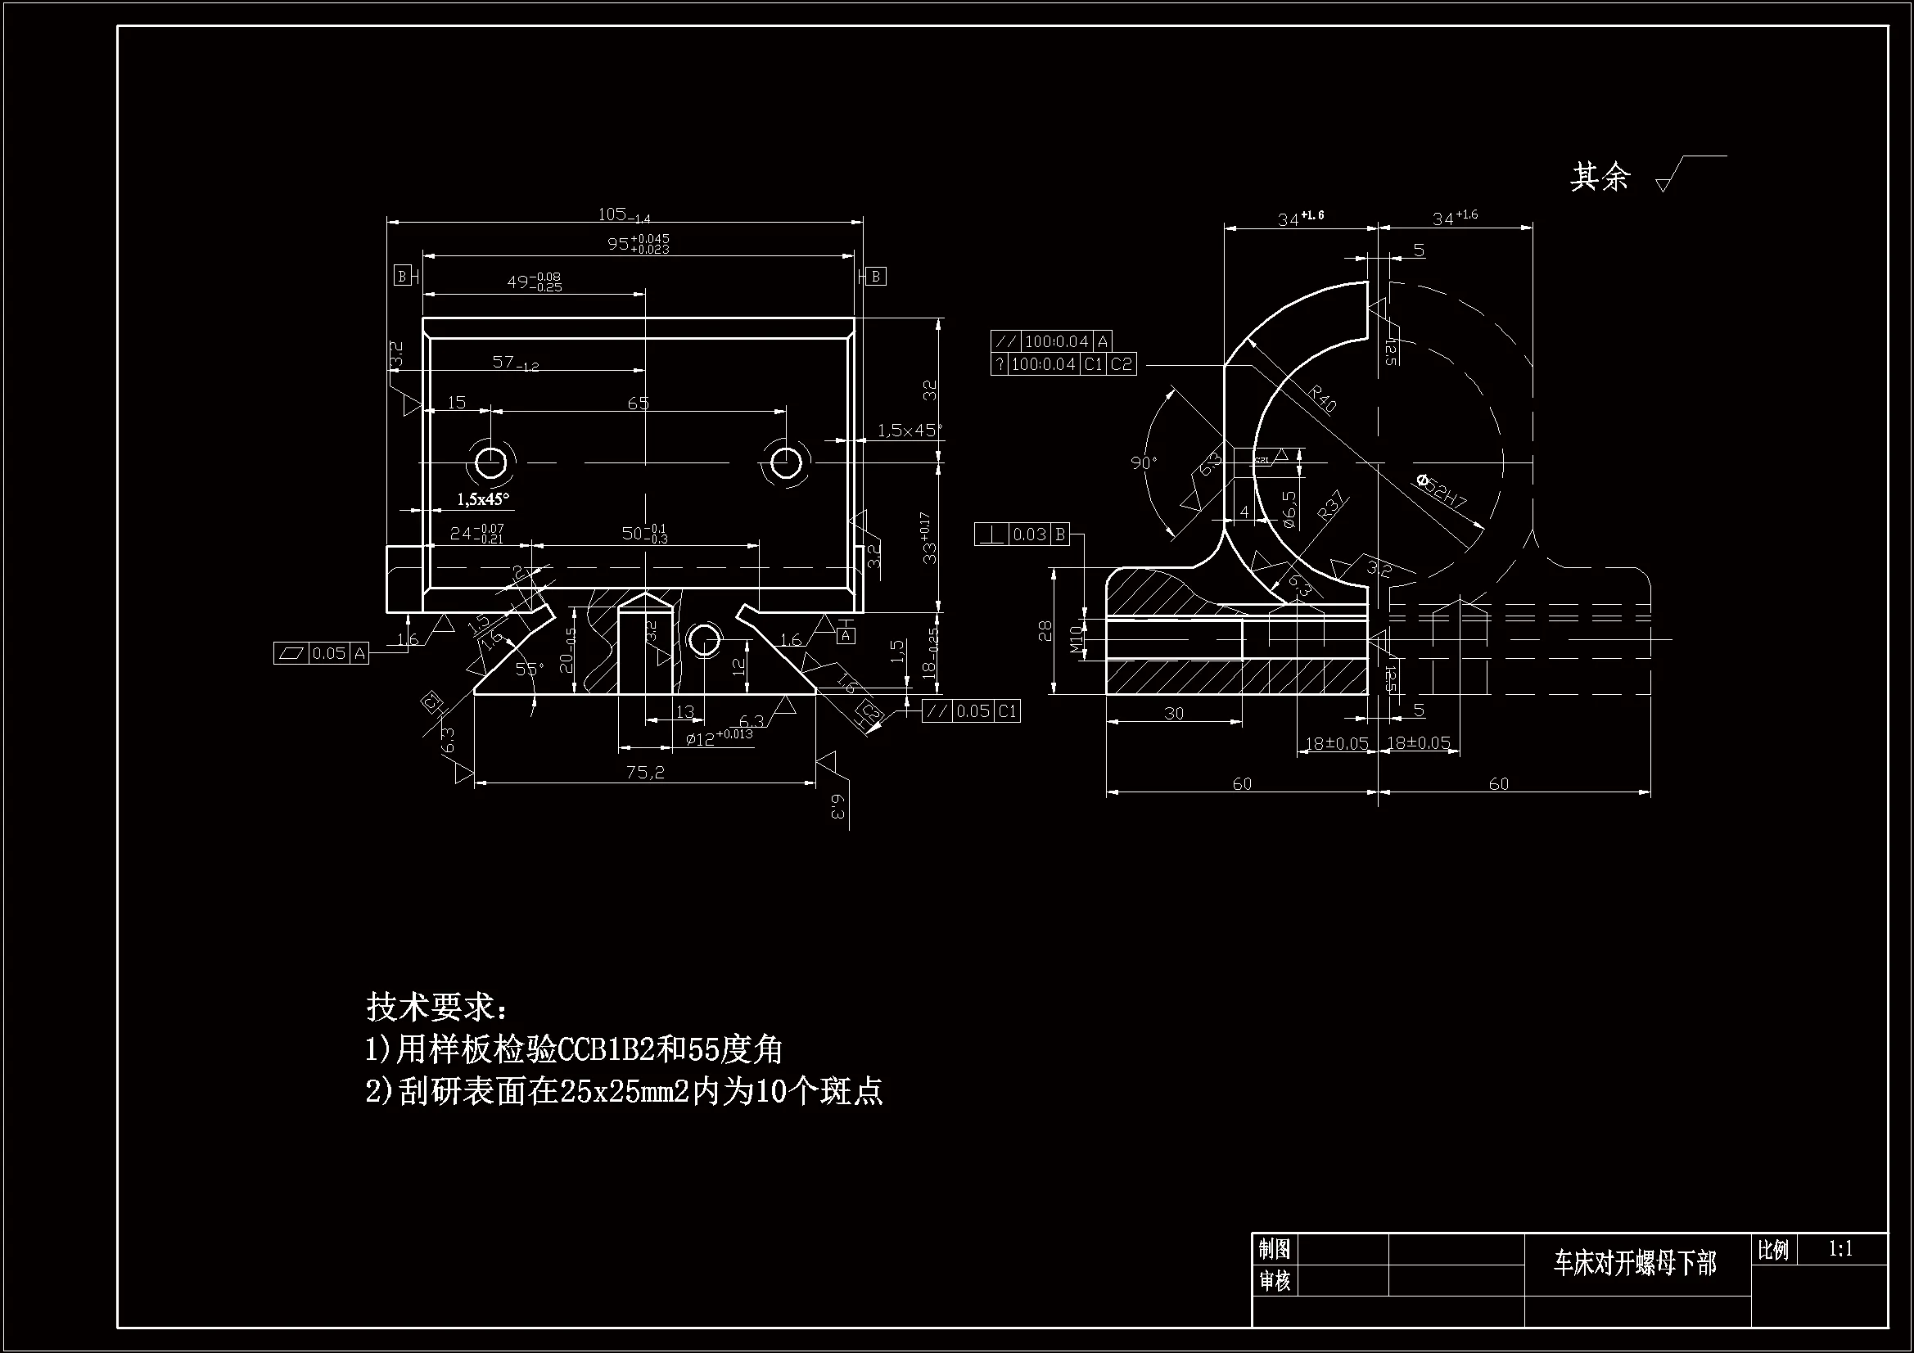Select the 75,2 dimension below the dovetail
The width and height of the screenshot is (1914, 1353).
point(645,773)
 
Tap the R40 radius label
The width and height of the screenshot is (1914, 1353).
point(1322,399)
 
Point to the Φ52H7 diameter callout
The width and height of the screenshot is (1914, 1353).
point(1442,493)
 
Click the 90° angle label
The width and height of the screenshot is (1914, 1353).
point(1144,462)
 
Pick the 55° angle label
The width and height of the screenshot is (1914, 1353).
point(529,669)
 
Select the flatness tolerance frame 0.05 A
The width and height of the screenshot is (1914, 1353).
point(321,653)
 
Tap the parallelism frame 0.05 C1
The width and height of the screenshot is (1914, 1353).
point(971,711)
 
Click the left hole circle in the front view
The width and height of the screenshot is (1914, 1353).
point(490,462)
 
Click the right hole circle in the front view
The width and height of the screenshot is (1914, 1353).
point(785,462)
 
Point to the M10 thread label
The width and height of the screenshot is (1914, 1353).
point(1076,639)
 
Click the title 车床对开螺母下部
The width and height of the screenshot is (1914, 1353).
point(1635,1264)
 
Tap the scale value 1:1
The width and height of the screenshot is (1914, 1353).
point(1840,1248)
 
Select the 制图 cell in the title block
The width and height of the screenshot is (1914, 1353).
point(1275,1249)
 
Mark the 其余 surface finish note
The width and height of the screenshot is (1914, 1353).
point(1599,177)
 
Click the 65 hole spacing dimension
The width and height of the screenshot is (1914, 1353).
point(638,404)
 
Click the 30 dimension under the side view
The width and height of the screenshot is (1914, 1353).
point(1174,714)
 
